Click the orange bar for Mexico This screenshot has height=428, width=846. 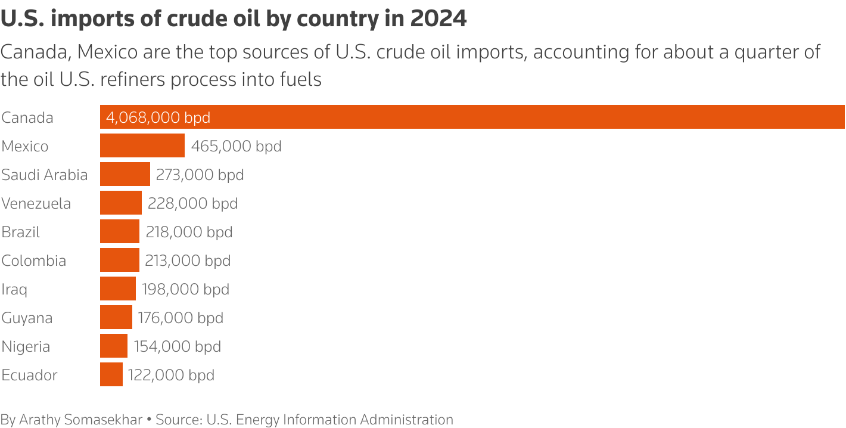tap(142, 145)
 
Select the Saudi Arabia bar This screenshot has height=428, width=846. tap(125, 174)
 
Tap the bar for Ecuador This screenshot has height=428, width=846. tap(111, 374)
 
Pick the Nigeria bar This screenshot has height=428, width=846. tap(113, 346)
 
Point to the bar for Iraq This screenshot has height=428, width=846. tap(117, 289)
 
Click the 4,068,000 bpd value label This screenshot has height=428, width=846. tap(158, 117)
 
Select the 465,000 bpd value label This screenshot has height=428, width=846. tap(236, 146)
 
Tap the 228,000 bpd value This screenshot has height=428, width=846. tap(192, 203)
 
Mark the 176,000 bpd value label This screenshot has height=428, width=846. tap(181, 318)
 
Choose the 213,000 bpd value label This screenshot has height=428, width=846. tap(188, 260)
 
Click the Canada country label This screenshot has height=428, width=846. tap(27, 117)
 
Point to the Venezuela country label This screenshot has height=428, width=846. tap(36, 203)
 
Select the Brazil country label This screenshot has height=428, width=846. tap(21, 232)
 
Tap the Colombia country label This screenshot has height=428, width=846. tap(33, 260)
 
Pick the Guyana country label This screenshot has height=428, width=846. tap(27, 318)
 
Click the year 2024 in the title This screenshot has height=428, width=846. tap(438, 19)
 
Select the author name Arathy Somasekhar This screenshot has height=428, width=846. tap(80, 419)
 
